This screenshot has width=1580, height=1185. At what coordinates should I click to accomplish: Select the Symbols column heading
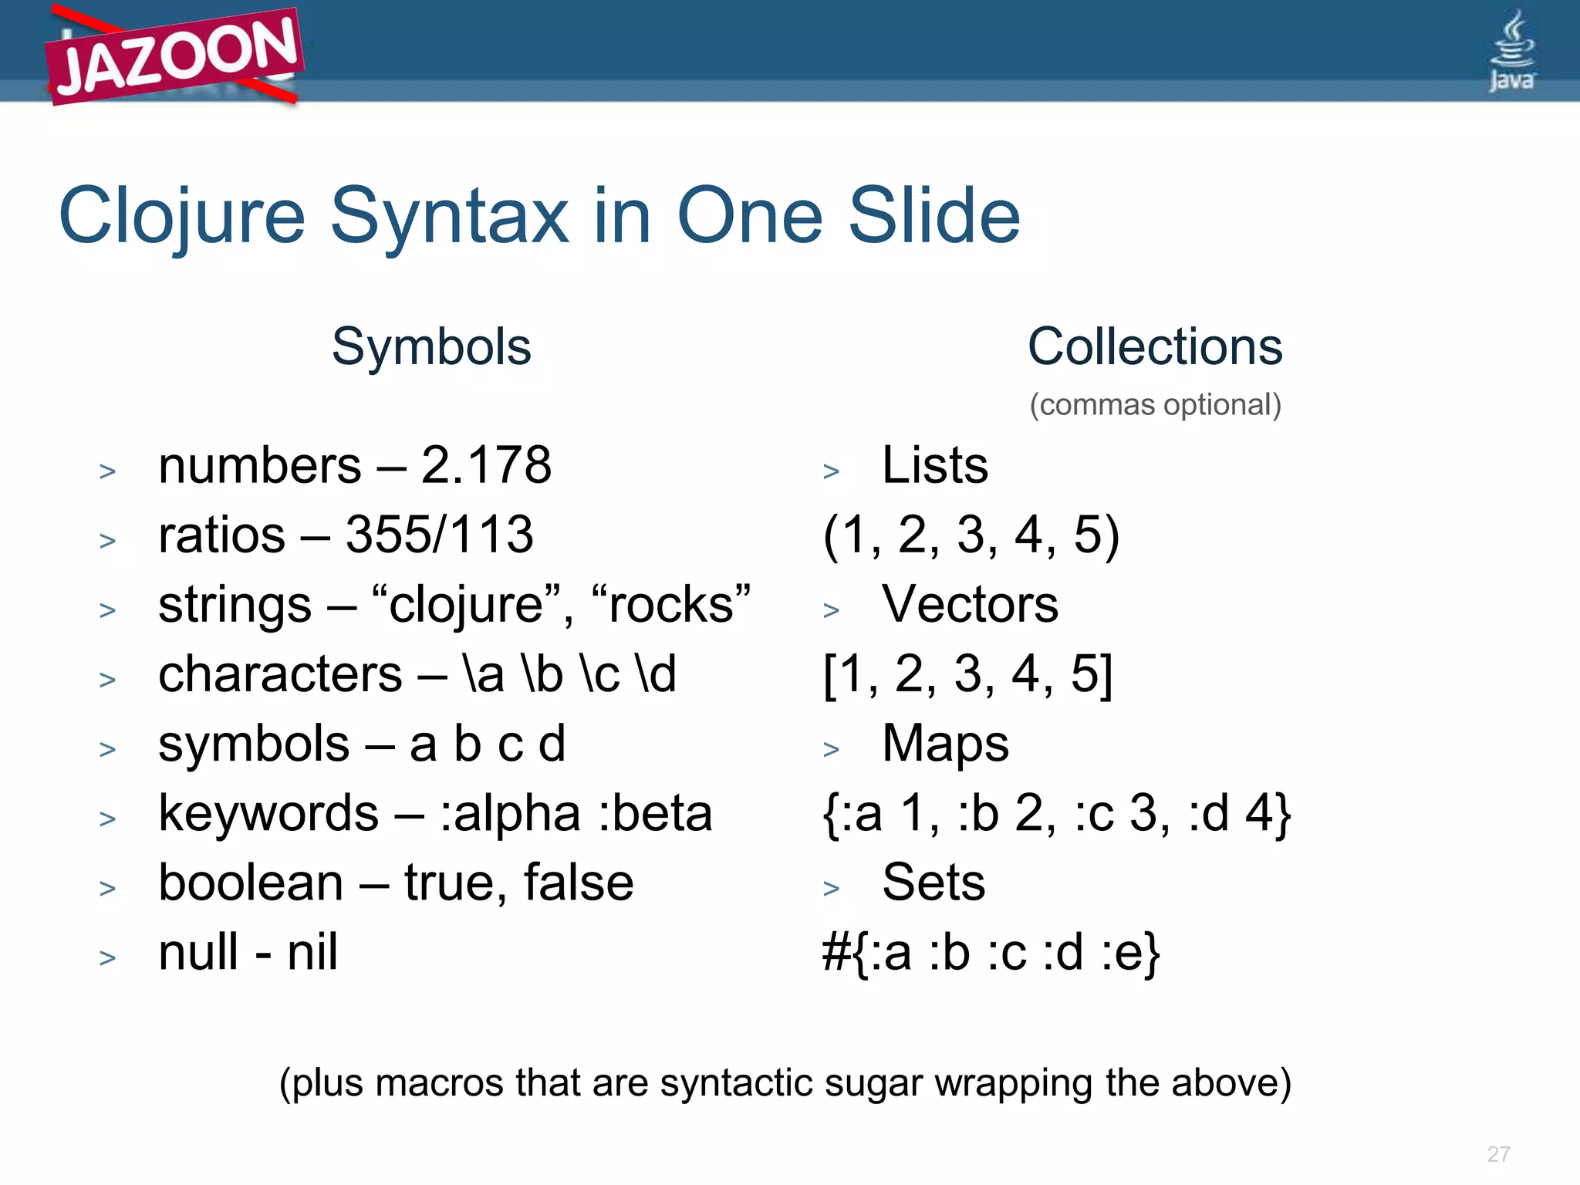(x=431, y=346)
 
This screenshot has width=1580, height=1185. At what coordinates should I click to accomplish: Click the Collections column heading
(x=1155, y=346)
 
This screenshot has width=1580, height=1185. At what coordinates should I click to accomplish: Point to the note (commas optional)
(x=1155, y=405)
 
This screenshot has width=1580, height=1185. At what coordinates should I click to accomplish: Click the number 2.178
(x=486, y=465)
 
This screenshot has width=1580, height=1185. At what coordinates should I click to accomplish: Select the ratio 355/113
(x=439, y=535)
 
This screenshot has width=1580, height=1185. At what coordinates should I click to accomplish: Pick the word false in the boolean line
(x=579, y=883)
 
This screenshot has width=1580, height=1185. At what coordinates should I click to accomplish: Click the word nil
(x=312, y=952)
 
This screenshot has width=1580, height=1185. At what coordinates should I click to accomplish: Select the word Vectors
(x=970, y=604)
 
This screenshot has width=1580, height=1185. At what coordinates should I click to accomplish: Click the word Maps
(x=945, y=744)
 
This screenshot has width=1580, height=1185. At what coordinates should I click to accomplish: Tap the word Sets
(x=933, y=883)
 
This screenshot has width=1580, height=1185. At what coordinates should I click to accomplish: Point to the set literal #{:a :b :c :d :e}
(x=991, y=953)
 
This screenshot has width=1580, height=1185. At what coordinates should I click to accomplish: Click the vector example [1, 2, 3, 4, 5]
(x=968, y=674)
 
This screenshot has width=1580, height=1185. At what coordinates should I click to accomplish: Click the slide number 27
(x=1498, y=1154)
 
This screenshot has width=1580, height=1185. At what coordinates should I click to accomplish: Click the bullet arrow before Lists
(x=831, y=471)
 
